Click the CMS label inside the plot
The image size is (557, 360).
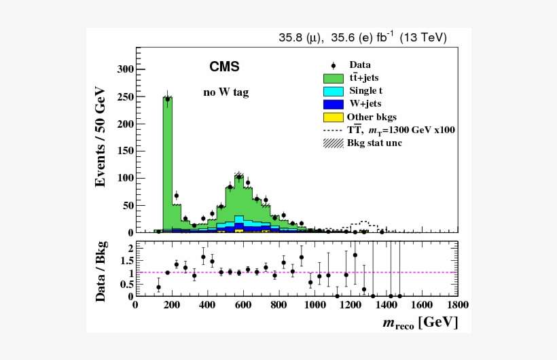click(x=224, y=67)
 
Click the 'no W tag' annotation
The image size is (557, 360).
click(x=226, y=92)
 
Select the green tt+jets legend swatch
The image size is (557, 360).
click(x=334, y=78)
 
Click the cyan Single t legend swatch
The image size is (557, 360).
click(x=334, y=91)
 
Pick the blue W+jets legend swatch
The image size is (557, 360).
click(x=334, y=104)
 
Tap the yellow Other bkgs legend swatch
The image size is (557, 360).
click(x=334, y=117)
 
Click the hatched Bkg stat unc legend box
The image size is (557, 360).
click(x=334, y=143)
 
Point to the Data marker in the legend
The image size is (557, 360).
click(x=334, y=65)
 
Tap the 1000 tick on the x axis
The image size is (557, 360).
click(x=315, y=306)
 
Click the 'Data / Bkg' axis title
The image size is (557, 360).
click(x=101, y=270)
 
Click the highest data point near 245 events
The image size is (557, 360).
click(x=167, y=99)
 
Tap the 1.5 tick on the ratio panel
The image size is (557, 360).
click(x=126, y=261)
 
